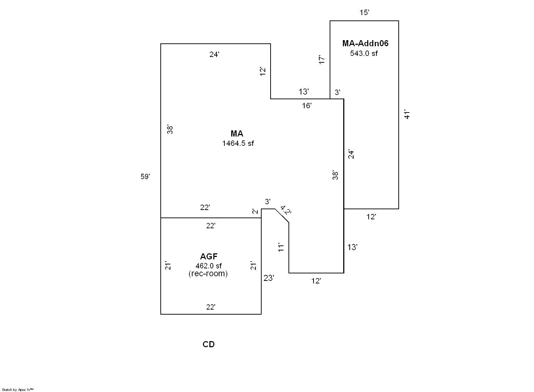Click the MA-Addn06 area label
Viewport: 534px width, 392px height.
tap(365, 44)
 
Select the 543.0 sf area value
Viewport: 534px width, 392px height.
tap(364, 53)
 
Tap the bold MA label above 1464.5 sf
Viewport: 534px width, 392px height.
tap(237, 134)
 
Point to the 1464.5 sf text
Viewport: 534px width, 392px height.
tap(238, 143)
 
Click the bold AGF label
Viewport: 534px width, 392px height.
tap(209, 257)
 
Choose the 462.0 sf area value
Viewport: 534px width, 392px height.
tap(208, 266)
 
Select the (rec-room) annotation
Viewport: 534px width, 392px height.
tap(208, 274)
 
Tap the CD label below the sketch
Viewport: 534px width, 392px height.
tap(209, 344)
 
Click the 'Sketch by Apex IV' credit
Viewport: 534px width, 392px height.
tap(18, 389)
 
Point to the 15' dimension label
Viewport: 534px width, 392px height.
tap(364, 13)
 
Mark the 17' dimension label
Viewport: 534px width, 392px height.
tap(322, 60)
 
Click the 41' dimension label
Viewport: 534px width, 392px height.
tap(407, 114)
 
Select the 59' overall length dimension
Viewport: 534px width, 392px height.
tap(145, 177)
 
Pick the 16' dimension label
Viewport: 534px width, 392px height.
tap(307, 106)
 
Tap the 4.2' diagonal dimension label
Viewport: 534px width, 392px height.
tap(286, 210)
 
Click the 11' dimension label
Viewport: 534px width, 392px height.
tap(281, 247)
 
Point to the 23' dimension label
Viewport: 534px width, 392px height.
tap(269, 278)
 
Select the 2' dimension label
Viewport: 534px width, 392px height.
tap(255, 211)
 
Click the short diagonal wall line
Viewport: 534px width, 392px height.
tap(282, 216)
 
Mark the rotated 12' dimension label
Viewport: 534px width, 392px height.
tap(263, 71)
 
